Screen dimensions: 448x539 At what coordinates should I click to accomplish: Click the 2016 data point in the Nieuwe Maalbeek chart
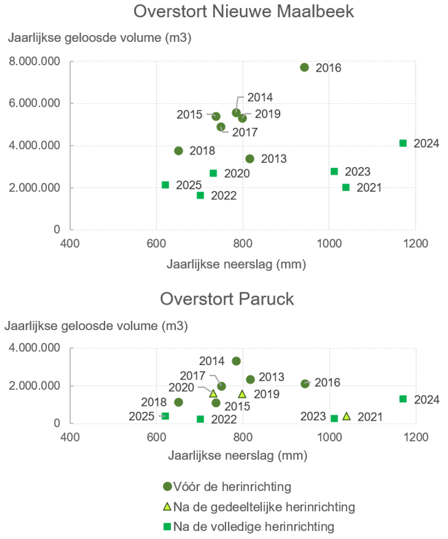pos(304,67)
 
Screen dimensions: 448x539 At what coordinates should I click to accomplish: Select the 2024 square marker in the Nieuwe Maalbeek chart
pos(403,143)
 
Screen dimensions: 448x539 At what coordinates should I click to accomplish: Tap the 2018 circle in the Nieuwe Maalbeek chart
pos(179,151)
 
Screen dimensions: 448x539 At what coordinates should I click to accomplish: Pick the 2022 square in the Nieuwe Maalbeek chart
pos(201,195)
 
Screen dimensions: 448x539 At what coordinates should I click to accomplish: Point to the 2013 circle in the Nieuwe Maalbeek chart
pos(250,159)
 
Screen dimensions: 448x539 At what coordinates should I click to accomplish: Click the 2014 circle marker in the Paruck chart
pos(236,361)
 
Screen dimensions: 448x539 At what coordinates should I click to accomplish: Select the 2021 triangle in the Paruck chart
pos(346,417)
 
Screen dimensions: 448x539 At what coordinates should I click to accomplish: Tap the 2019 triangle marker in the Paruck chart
pos(242,395)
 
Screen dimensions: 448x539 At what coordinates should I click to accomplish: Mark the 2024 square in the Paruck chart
pos(403,399)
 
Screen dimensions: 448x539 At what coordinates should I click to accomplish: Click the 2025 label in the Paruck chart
pos(142,417)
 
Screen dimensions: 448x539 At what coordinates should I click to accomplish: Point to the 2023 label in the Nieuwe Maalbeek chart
pos(357,172)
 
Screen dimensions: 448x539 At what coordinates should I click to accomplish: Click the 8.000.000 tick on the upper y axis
pos(34,62)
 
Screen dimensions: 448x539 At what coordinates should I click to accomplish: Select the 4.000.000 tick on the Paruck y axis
pos(34,348)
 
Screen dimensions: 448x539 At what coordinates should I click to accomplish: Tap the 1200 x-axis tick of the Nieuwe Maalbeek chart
pos(416,243)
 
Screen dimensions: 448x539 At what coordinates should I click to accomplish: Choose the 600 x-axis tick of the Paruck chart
pos(157,437)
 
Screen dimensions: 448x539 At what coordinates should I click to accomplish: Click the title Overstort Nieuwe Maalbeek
pos(243,11)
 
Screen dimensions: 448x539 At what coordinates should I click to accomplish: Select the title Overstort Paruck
pos(227,298)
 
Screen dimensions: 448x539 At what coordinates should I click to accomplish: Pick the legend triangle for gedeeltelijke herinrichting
pos(167,506)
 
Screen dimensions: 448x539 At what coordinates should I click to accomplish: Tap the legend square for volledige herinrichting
pos(167,527)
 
